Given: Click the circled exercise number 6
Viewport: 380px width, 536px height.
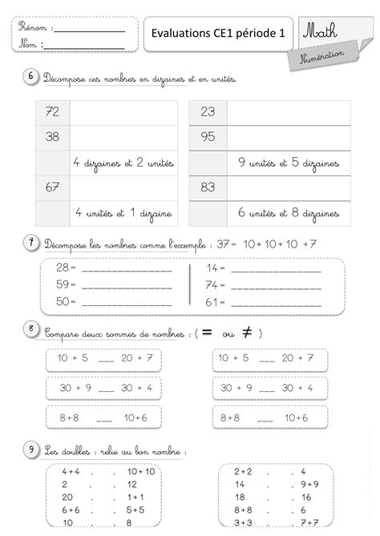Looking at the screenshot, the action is pyautogui.click(x=30, y=76).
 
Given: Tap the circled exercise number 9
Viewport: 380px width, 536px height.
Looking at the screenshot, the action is pyautogui.click(x=30, y=450).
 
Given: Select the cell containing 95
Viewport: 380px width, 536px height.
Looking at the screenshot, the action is pyautogui.click(x=208, y=137).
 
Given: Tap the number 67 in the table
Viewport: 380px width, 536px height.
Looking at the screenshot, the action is pyautogui.click(x=54, y=187).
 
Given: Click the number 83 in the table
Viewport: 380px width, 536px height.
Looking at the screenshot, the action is pyautogui.click(x=208, y=187).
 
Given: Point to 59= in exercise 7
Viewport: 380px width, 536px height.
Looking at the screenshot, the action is pyautogui.click(x=66, y=284).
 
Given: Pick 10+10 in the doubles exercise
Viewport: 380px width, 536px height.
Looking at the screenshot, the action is pyautogui.click(x=140, y=472).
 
